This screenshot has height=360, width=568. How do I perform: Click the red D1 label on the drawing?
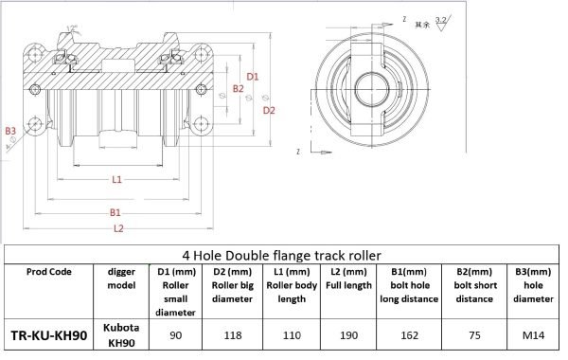[253, 76]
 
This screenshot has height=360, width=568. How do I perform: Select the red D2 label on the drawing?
[269, 111]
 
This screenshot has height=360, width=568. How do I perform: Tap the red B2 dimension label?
[239, 89]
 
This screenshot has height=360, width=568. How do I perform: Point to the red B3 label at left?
[10, 130]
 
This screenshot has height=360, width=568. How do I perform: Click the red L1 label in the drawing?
[115, 178]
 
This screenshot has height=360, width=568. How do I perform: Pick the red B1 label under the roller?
[115, 211]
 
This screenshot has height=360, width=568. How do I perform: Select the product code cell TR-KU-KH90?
[48, 334]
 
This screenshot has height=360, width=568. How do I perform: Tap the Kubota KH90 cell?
[121, 334]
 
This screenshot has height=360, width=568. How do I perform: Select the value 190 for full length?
[345, 334]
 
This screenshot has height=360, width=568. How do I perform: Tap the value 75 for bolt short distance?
[474, 334]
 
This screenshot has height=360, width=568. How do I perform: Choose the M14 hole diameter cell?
[532, 334]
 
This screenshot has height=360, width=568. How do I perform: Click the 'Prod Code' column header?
[48, 270]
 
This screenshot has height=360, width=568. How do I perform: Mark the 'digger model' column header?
[121, 278]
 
